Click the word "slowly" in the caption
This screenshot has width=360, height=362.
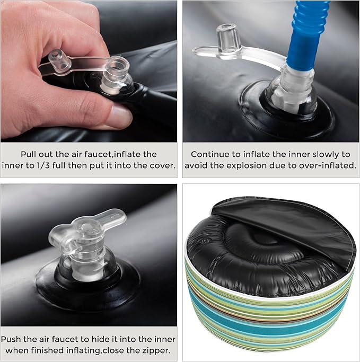[326, 154]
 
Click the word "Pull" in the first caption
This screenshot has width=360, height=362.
[29, 154]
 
